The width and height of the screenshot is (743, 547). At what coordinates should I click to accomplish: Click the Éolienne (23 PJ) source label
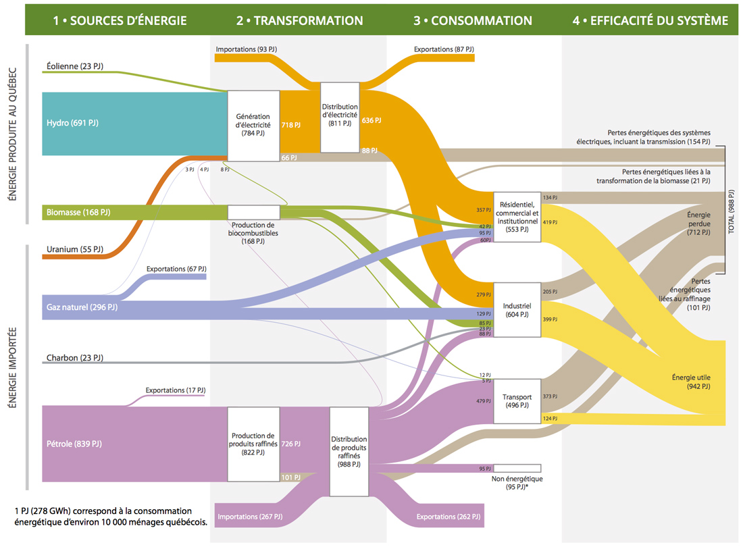tap(74, 66)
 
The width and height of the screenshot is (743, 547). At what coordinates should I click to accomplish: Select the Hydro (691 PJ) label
tap(72, 123)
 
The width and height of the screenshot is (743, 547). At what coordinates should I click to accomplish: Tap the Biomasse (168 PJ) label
tap(78, 213)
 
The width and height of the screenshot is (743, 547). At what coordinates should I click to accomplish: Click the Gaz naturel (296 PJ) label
tap(82, 307)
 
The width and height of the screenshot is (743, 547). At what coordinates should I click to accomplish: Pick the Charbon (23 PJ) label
tap(74, 357)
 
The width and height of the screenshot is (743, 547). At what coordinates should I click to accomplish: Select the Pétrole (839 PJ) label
tap(74, 444)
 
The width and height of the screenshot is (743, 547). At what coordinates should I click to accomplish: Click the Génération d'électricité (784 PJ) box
tap(253, 125)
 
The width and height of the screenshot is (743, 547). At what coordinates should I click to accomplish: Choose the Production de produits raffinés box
tap(253, 444)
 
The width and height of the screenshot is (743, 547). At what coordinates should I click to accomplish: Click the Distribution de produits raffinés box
tap(349, 451)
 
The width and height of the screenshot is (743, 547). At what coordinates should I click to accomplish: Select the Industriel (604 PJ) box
tap(517, 310)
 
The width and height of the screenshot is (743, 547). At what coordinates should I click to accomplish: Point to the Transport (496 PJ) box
tap(517, 401)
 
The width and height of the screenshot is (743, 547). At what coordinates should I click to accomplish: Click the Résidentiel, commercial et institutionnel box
tap(517, 216)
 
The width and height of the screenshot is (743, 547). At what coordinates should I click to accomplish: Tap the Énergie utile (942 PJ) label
tap(691, 382)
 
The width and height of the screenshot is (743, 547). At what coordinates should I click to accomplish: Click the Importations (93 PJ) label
tap(246, 49)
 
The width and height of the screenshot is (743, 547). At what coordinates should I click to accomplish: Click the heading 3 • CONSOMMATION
tap(473, 20)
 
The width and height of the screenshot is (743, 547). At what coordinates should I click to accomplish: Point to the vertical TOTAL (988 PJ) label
tap(732, 209)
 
